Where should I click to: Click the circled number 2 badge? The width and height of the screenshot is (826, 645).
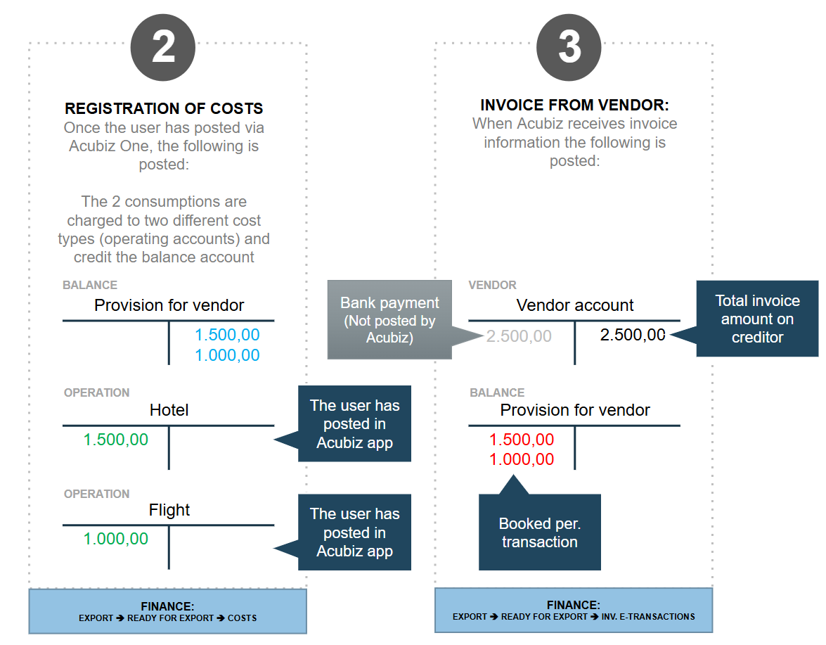(163, 47)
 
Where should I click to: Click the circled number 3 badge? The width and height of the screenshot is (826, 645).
(569, 47)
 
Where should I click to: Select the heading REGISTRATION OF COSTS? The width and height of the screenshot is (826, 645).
(164, 108)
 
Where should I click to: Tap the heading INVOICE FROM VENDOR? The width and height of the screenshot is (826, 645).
(574, 105)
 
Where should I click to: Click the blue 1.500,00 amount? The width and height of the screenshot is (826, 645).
(227, 335)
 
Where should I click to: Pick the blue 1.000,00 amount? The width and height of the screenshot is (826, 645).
(227, 355)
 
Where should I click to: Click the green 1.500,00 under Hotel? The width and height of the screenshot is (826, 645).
(116, 440)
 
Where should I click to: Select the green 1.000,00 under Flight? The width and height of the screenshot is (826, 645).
(116, 539)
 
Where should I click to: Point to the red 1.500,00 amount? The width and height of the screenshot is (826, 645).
(522, 440)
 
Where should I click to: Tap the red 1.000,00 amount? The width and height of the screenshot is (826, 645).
(522, 459)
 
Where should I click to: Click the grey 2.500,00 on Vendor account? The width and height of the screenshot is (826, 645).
(519, 336)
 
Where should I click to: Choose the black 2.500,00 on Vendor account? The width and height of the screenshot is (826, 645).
(633, 335)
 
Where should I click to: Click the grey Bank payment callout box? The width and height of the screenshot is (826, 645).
(390, 320)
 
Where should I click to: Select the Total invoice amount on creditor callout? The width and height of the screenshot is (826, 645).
(758, 319)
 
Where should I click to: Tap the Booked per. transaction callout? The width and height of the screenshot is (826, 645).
(539, 532)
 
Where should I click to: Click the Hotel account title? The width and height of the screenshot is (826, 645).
(169, 410)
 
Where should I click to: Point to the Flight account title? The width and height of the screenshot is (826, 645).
(169, 510)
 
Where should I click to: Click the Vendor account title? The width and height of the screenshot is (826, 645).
(575, 305)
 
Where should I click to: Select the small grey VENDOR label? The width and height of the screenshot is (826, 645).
(493, 285)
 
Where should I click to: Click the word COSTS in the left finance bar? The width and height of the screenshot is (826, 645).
(243, 618)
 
